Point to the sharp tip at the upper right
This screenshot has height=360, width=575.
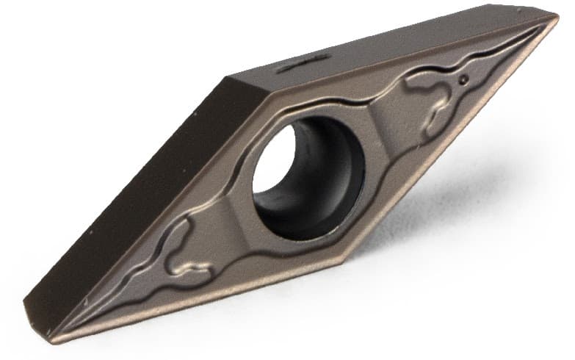tap(557, 20)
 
